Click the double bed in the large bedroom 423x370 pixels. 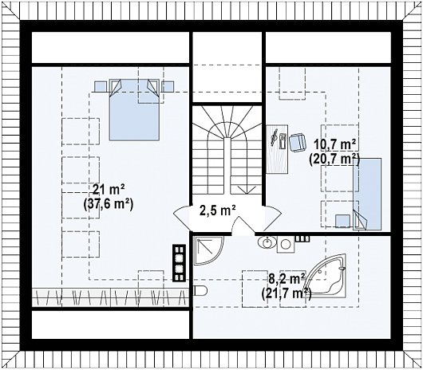point(134,110)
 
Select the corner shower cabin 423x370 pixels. point(208,250)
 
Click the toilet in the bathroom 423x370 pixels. point(200,290)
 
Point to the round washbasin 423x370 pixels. point(267,242)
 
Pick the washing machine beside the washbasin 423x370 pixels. point(286,244)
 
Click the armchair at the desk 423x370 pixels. point(297,143)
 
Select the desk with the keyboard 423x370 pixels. point(277,149)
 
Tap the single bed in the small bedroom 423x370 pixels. point(367,194)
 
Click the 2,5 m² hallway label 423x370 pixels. point(218,211)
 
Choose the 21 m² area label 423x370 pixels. point(109,190)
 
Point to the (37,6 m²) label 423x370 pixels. point(109,204)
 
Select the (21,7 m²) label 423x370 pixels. point(286,293)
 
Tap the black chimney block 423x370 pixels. point(179,262)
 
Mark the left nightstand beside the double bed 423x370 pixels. point(101,86)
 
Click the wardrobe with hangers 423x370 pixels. point(110,297)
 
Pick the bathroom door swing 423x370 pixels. point(243,225)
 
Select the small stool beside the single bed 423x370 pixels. point(342,221)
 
